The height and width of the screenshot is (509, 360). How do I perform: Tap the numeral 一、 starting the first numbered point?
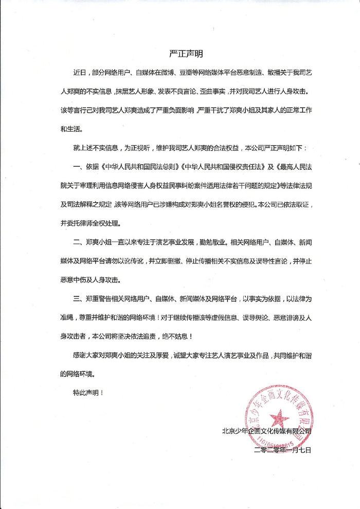79,181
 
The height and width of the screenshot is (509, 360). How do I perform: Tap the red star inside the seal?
279,417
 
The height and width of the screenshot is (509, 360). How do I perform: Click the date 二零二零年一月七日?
283,449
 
